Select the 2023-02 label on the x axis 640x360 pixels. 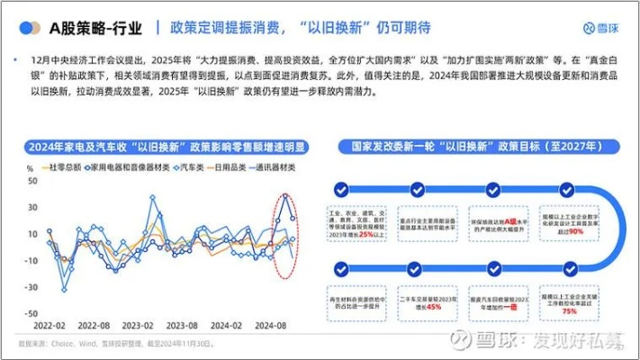click(x=138, y=326)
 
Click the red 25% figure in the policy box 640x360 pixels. click(x=365, y=235)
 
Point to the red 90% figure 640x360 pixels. click(x=575, y=231)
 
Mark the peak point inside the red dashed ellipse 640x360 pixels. click(x=285, y=194)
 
